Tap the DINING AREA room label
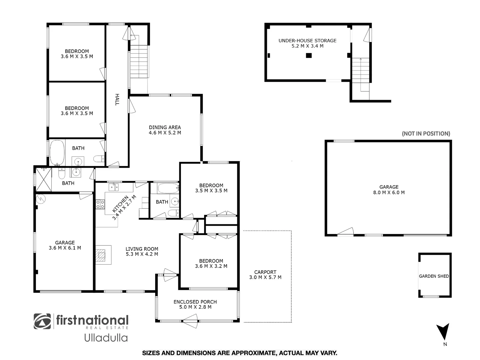tap(165, 127)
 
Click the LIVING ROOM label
tap(142, 249)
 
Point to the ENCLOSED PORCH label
tap(195, 302)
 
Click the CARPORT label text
tap(265, 272)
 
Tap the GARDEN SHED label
tap(434, 276)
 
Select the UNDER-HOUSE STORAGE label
tap(307, 41)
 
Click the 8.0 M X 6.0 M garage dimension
tap(389, 192)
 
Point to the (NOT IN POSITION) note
tap(426, 134)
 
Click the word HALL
tap(117, 100)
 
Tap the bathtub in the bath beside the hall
tap(57, 152)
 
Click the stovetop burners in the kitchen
tap(100, 204)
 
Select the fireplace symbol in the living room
tap(101, 255)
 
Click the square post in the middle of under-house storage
tap(309, 56)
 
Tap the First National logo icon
tap(42, 321)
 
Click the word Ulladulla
tap(106, 338)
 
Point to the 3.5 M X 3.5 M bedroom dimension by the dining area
tap(211, 191)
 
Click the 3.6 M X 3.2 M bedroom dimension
tap(211, 266)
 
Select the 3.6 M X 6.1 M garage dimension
tap(65, 248)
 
